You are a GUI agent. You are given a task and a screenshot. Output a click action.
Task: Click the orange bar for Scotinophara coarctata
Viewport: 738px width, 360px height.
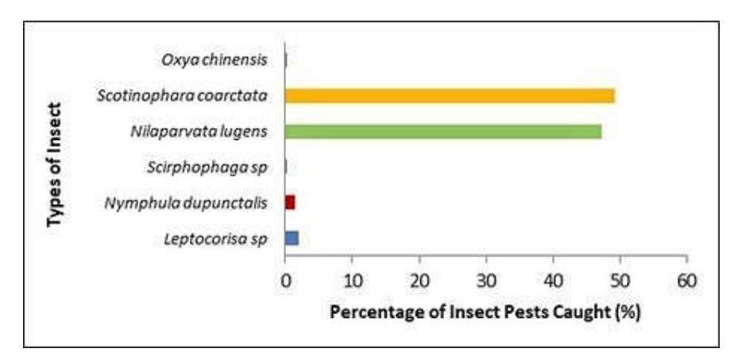pyautogui.click(x=450, y=96)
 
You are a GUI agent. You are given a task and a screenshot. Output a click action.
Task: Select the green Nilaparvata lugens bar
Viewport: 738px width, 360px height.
pyautogui.click(x=443, y=132)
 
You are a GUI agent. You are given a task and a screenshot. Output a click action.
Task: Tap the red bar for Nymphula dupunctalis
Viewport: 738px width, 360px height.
pyautogui.click(x=290, y=203)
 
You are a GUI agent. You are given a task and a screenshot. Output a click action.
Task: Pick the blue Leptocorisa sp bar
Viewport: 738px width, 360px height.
pyautogui.click(x=292, y=238)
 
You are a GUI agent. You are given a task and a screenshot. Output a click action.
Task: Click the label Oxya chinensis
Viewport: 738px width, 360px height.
pyautogui.click(x=214, y=60)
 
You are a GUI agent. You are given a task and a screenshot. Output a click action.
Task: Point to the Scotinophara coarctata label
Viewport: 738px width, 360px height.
pyautogui.click(x=182, y=96)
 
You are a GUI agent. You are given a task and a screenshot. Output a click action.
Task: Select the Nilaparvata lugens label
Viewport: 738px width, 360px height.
pyautogui.click(x=199, y=132)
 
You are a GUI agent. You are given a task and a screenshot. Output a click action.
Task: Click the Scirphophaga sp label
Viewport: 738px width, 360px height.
pyautogui.click(x=207, y=168)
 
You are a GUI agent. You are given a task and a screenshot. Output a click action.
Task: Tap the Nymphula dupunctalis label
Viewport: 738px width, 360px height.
pyautogui.click(x=186, y=203)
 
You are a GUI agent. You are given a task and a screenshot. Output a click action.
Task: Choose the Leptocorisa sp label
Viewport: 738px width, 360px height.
pyautogui.click(x=215, y=239)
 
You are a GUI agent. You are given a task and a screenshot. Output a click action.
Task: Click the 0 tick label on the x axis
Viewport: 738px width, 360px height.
pyautogui.click(x=285, y=281)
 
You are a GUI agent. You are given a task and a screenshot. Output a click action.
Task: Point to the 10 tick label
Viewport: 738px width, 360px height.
pyautogui.click(x=352, y=281)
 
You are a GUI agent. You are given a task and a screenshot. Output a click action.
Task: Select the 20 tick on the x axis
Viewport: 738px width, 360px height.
pyautogui.click(x=419, y=281)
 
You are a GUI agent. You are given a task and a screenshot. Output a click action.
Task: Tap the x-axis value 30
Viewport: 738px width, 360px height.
pyautogui.click(x=486, y=281)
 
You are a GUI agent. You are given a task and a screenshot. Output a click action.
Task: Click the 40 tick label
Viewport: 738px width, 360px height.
pyautogui.click(x=554, y=281)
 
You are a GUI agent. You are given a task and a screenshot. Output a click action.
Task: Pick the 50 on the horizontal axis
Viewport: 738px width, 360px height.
pyautogui.click(x=620, y=281)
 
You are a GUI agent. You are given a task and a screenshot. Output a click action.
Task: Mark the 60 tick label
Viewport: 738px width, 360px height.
pyautogui.click(x=687, y=281)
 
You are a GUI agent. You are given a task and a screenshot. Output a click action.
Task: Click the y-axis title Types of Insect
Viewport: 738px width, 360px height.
pyautogui.click(x=55, y=165)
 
